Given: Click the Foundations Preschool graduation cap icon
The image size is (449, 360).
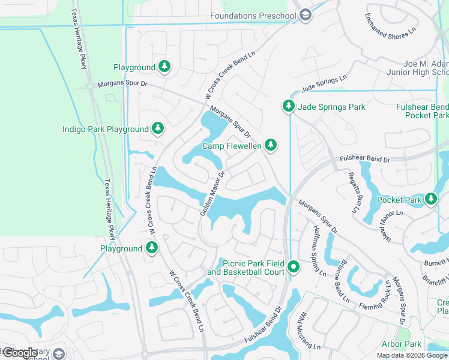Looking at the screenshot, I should pos(306,16).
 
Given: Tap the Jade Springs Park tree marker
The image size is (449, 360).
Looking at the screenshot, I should pos(289,107).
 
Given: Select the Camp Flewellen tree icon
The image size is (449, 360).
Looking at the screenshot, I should pos(271,145).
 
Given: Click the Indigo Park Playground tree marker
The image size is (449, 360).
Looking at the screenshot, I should pos(157,128).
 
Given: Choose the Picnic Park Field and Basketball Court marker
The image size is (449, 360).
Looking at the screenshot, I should pos(293,267).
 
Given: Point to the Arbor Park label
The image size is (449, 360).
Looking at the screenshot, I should pos(402,344).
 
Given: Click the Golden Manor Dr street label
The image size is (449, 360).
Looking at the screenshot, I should pos(214,191).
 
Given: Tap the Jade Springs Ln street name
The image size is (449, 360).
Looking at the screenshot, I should pos(324,83).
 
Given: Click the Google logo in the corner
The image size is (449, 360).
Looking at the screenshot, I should pos(20,353).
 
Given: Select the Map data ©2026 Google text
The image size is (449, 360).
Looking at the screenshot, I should pos(412,355).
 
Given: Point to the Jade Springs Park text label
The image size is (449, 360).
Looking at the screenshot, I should pos(332,107).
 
